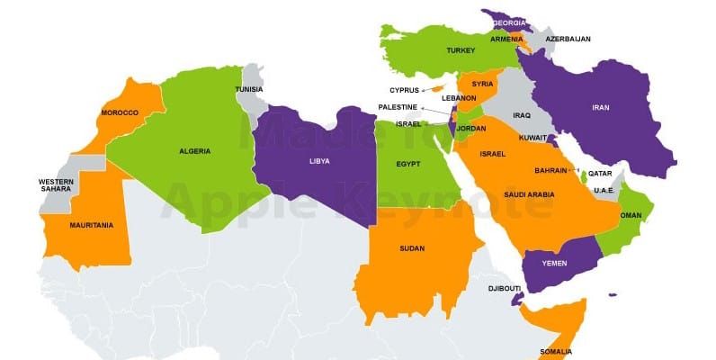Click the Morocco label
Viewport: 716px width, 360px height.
pos(120,112)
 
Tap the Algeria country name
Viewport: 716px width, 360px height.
pos(195,151)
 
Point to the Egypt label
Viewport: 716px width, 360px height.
pos(408,164)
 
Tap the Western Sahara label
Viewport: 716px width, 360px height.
pos(56,185)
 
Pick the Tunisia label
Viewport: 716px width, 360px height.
pos(249,89)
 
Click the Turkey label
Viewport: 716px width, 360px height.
pos(460,50)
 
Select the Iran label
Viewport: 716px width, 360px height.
pos(600,108)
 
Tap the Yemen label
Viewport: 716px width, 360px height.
pos(555,262)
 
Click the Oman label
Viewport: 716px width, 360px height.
pos(631,215)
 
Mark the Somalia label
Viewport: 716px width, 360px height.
pos(555,351)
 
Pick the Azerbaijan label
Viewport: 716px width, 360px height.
pos(568,40)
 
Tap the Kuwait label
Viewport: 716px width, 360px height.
pos(533,137)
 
